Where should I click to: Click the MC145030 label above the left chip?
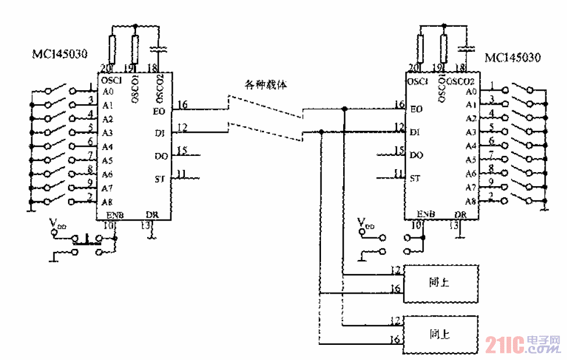(x=59, y=55)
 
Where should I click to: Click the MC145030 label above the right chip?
(x=512, y=58)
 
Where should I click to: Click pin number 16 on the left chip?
(x=183, y=105)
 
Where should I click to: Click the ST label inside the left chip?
(x=160, y=179)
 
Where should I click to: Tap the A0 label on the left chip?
(x=108, y=92)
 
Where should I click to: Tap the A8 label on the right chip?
(x=471, y=201)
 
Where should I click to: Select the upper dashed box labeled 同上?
(x=441, y=283)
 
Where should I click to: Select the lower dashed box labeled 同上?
(x=441, y=334)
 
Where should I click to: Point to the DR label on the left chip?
(x=152, y=215)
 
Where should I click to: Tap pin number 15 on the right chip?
(x=399, y=151)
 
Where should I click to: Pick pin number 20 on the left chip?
(x=105, y=67)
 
